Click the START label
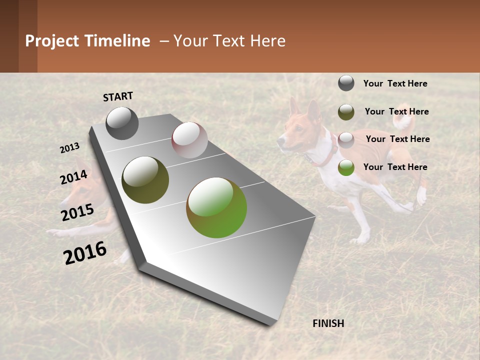pyautogui.click(x=118, y=96)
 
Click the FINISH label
pyautogui.click(x=328, y=323)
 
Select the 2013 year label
pyautogui.click(x=69, y=148)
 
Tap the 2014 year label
pyautogui.click(x=73, y=177)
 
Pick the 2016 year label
pyautogui.click(x=85, y=252)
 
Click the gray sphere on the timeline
pyautogui.click(x=122, y=123)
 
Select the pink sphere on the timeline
pyautogui.click(x=189, y=139)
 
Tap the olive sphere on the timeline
pyautogui.click(x=145, y=179)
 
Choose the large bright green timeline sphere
pyautogui.click(x=216, y=207)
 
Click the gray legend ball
pyautogui.click(x=346, y=83)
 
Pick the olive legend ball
pyautogui.click(x=346, y=112)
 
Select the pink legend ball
pyautogui.click(x=346, y=140)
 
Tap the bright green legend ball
pyautogui.click(x=346, y=168)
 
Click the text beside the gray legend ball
pyautogui.click(x=395, y=83)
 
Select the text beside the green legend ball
pyautogui.click(x=395, y=167)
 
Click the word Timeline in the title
pyautogui.click(x=117, y=41)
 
